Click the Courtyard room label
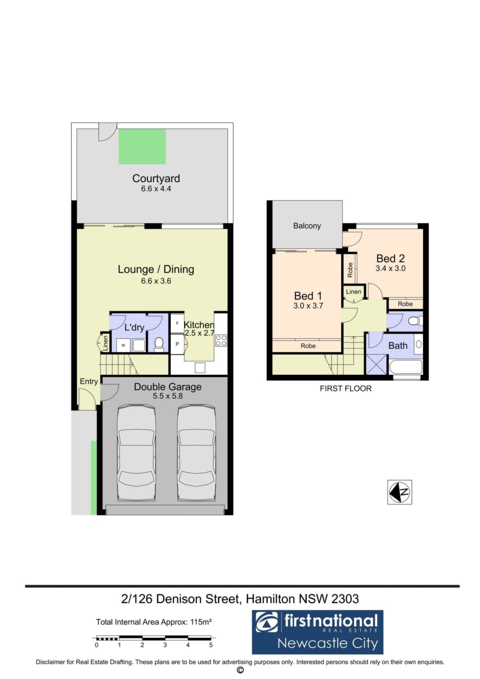tap(156, 179)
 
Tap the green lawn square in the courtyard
tap(142, 146)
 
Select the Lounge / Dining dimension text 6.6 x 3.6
tap(156, 281)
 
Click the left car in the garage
tap(137, 453)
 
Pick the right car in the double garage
tap(196, 453)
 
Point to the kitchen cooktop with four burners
tap(221, 341)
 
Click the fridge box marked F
tap(177, 323)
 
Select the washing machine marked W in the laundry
tap(123, 345)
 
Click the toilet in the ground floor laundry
tap(159, 344)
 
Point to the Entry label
tap(89, 382)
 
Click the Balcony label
tap(307, 226)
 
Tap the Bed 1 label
tap(308, 296)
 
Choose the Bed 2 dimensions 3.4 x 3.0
tap(391, 268)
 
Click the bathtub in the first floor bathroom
tap(406, 367)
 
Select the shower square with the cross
tap(376, 365)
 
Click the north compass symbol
tap(400, 492)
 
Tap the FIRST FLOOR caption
tap(346, 389)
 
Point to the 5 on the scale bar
tap(211, 645)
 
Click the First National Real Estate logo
tap(317, 632)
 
